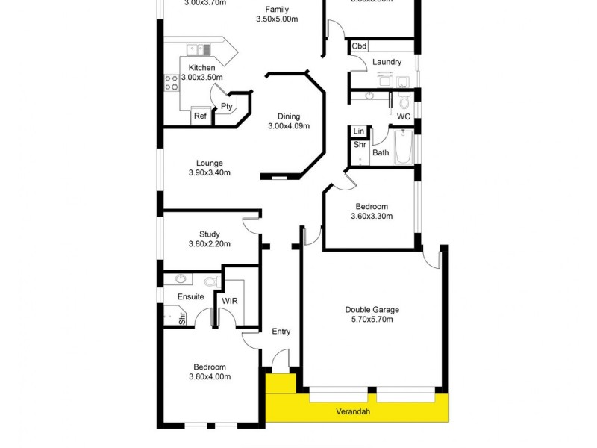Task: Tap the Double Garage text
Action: (372, 310)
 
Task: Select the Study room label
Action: (209, 234)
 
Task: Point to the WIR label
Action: (228, 302)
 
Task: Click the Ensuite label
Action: (190, 296)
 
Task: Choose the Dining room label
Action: (289, 116)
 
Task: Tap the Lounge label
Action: (209, 164)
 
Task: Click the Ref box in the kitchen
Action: (200, 116)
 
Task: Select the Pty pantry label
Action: (226, 107)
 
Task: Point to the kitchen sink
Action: (199, 50)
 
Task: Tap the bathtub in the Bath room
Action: (403, 146)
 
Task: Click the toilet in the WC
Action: (404, 101)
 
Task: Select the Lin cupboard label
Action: (359, 131)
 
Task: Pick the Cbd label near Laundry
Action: (359, 46)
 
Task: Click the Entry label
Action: (281, 332)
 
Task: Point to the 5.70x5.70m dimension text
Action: (372, 320)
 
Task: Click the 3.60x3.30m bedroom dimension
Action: (372, 217)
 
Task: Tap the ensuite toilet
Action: (210, 281)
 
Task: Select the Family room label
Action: (277, 10)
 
